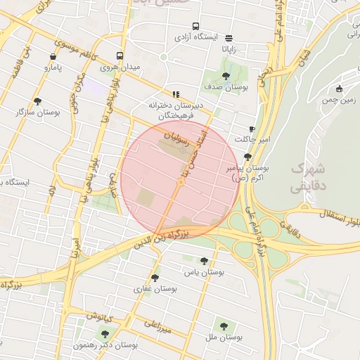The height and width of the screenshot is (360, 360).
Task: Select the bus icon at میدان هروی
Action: pos(120,56)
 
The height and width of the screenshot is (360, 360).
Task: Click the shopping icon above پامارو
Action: pos(53,56)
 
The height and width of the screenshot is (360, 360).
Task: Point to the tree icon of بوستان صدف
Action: pos(225,76)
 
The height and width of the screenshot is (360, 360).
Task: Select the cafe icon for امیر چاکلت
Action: pos(252,129)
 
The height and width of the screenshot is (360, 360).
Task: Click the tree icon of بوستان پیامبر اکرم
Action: pos(247,157)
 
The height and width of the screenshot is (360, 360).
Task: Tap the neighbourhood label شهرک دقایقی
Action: pos(307,178)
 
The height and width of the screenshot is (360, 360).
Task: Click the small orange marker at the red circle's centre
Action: pos(181,183)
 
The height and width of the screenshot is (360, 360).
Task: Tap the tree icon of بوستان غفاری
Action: pos(155,277)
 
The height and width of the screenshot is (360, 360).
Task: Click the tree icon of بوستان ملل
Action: pos(224,326)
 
